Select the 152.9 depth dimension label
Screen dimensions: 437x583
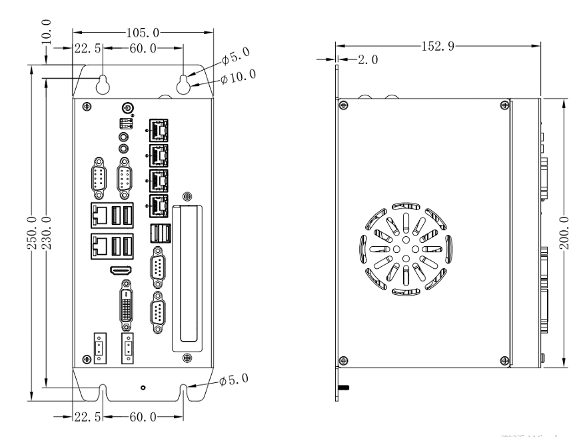[437, 46]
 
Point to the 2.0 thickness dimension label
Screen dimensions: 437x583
[368, 60]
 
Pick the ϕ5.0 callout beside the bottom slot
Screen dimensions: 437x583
[234, 380]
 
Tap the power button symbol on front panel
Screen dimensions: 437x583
[128, 107]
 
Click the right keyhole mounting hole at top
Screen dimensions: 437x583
[183, 83]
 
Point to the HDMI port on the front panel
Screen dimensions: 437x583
[121, 271]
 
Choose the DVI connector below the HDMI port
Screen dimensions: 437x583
[127, 306]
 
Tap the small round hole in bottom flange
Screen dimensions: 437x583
[144, 387]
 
